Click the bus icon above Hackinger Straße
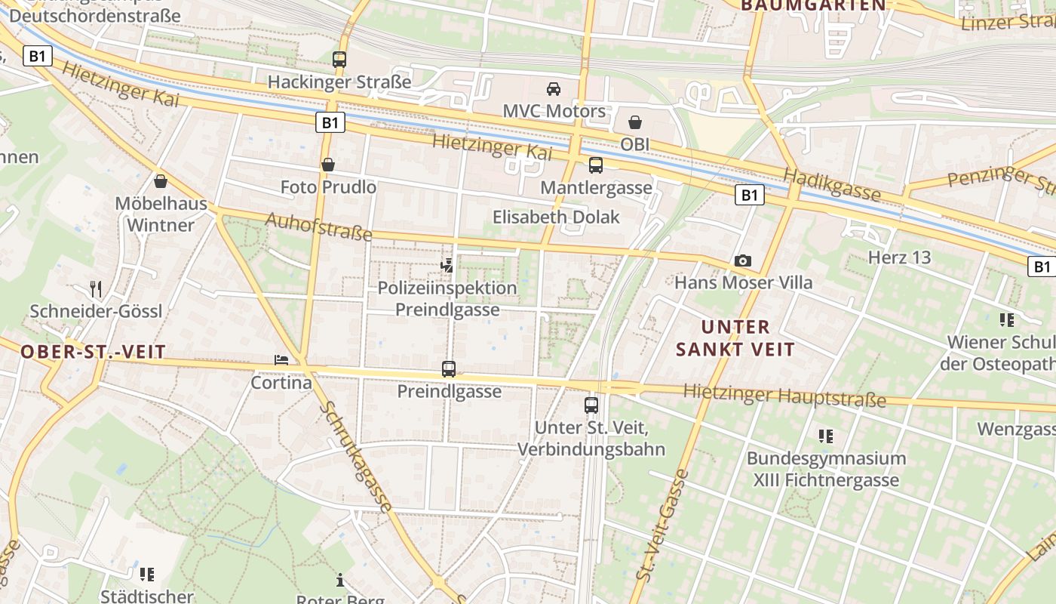[x=339, y=59]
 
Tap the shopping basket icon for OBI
[x=635, y=122]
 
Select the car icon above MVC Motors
[x=554, y=89]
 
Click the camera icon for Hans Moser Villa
[x=743, y=260]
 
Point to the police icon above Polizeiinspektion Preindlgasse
[x=448, y=265]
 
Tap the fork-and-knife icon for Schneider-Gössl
[x=96, y=289]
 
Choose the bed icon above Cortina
[x=281, y=360]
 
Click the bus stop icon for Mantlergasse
[x=596, y=165]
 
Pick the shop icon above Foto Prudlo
[x=328, y=164]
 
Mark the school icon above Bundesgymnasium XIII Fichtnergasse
[x=826, y=436]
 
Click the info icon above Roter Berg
[x=340, y=580]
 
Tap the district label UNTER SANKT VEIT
[x=735, y=338]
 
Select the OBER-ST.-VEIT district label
[x=93, y=352]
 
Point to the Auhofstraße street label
[x=319, y=226]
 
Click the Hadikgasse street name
[x=832, y=185]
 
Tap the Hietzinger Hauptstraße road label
[x=784, y=395]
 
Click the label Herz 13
[x=900, y=257]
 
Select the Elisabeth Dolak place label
[x=556, y=217]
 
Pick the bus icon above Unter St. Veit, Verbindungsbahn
[x=591, y=405]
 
